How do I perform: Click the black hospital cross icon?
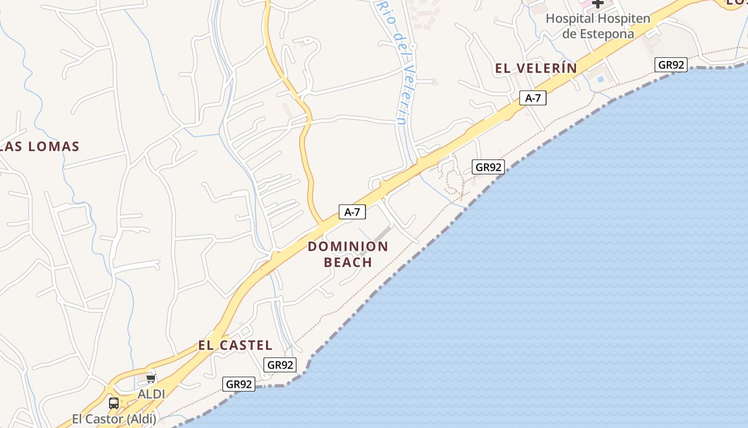click(x=598, y=3)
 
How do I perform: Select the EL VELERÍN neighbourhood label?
click(x=536, y=68)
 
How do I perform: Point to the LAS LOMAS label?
click(x=40, y=147)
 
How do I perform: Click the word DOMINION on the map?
click(x=348, y=247)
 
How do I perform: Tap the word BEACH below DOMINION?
click(x=348, y=262)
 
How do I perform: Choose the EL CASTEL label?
click(x=235, y=345)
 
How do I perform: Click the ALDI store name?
click(x=151, y=394)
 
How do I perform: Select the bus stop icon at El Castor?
click(x=114, y=403)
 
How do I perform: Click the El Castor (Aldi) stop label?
click(x=114, y=418)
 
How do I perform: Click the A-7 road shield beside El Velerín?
click(x=533, y=98)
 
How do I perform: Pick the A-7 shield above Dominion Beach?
click(x=352, y=212)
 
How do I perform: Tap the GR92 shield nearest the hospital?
click(x=671, y=65)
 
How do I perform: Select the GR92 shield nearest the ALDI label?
click(x=239, y=384)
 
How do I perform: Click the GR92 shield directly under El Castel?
click(x=280, y=365)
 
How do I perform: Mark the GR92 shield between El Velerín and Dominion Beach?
click(x=488, y=167)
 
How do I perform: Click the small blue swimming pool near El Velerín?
click(x=601, y=79)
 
